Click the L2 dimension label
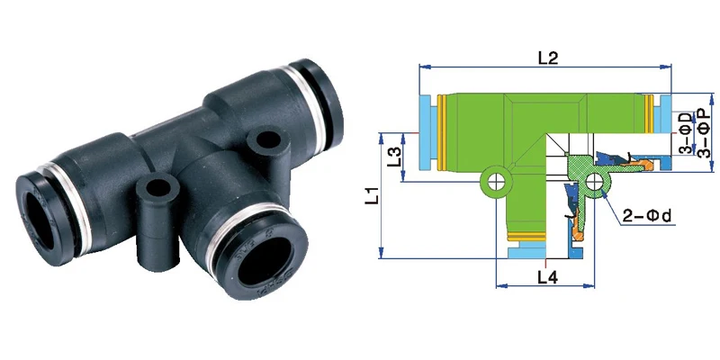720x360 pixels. (x=548, y=58)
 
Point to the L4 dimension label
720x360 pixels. (x=546, y=277)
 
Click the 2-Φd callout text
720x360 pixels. (x=649, y=217)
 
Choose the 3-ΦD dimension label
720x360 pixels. (x=685, y=133)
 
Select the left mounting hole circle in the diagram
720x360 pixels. (x=493, y=184)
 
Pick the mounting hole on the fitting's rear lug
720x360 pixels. (x=265, y=141)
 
